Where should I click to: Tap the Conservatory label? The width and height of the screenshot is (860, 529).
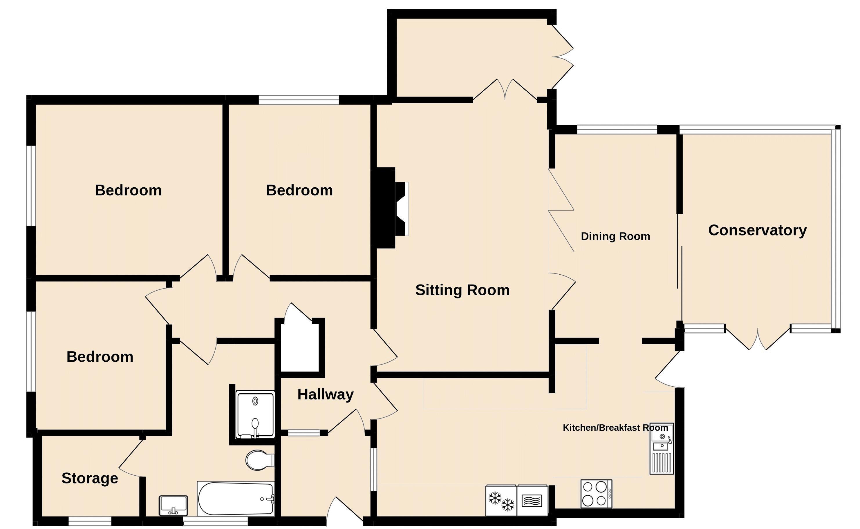(757, 230)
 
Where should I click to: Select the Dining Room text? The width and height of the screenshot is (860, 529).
(615, 236)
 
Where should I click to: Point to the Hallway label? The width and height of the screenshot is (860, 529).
(325, 394)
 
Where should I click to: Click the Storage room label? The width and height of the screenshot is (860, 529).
(90, 478)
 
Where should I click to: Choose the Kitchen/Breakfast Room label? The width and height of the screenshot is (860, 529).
(615, 427)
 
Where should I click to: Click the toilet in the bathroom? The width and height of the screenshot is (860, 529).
(259, 460)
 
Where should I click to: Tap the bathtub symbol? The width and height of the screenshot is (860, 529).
(236, 499)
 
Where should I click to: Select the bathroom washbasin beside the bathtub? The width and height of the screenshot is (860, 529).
(173, 505)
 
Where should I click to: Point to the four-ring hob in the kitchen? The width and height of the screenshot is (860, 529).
(596, 494)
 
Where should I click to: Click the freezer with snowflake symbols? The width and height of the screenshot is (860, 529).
(501, 501)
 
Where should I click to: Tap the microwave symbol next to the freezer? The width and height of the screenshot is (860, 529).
(532, 501)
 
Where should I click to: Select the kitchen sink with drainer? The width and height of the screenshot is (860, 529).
(661, 449)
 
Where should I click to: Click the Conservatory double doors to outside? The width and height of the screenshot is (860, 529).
(758, 339)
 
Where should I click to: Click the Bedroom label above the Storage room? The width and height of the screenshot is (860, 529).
(100, 357)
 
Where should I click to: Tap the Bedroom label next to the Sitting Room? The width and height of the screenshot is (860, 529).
(299, 190)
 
